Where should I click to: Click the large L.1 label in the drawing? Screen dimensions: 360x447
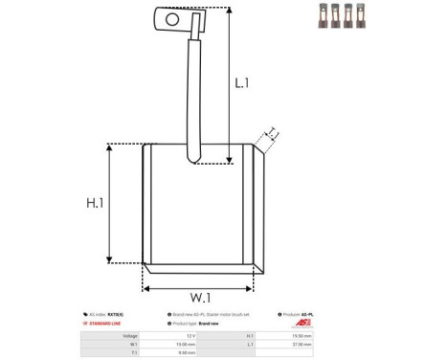tap(242, 83)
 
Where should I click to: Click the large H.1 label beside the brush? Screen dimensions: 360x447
tap(94, 203)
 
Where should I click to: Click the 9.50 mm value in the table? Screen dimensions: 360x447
tap(186, 353)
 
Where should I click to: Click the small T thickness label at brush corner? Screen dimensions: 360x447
tap(272, 132)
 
